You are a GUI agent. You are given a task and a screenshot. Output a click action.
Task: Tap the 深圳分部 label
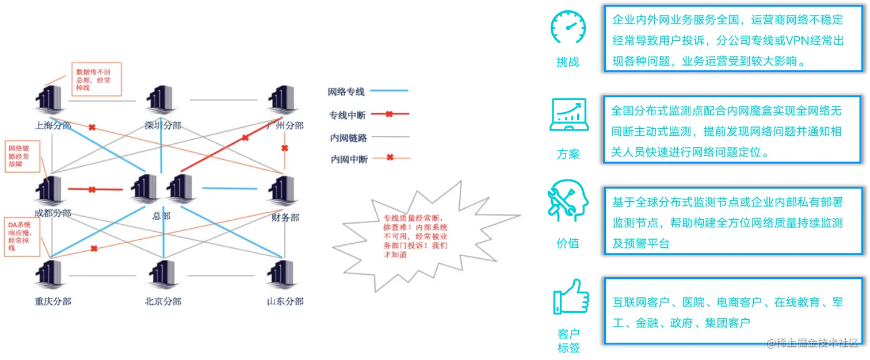pyautogui.click(x=163, y=125)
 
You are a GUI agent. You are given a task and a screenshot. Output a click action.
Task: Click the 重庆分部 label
pyautogui.click(x=52, y=301)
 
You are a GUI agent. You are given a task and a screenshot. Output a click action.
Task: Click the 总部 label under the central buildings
pyautogui.click(x=162, y=216)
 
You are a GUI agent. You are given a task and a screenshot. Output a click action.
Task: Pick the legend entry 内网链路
pyautogui.click(x=349, y=137)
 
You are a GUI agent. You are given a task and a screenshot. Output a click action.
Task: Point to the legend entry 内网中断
pyautogui.click(x=349, y=159)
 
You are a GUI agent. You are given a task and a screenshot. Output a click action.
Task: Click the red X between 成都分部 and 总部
pyautogui.click(x=91, y=189)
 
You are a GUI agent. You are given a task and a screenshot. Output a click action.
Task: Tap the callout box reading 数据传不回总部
pyautogui.click(x=96, y=79)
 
